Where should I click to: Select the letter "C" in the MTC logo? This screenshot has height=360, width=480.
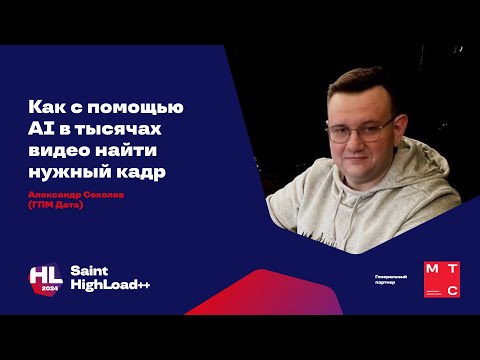pos(451,291)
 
